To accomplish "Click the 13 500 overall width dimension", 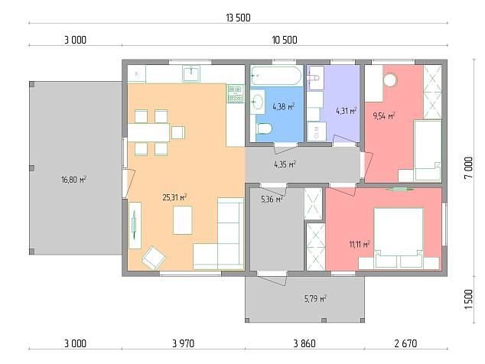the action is (238, 18).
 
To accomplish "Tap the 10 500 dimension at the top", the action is (285, 41).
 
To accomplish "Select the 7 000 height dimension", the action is (469, 168).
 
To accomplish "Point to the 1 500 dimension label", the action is (469, 299).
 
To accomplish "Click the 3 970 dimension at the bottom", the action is (184, 343).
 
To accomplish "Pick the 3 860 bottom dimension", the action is (304, 343).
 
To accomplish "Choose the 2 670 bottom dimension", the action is (405, 343).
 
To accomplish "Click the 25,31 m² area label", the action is (174, 197).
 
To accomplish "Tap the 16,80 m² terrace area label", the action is (73, 180).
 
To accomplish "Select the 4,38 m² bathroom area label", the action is (283, 107).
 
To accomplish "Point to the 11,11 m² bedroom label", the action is (360, 245).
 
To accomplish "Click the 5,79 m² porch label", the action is (315, 299).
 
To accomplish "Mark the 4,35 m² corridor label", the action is (285, 164).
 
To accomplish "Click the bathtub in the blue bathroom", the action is (275, 76).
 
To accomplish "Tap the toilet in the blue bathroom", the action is (264, 128).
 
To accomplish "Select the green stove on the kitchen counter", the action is (236, 94).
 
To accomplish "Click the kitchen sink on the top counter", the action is (191, 74).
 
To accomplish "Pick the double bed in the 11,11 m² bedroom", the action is (399, 238).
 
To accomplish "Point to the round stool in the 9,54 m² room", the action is (389, 80).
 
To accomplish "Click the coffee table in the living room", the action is (183, 220).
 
